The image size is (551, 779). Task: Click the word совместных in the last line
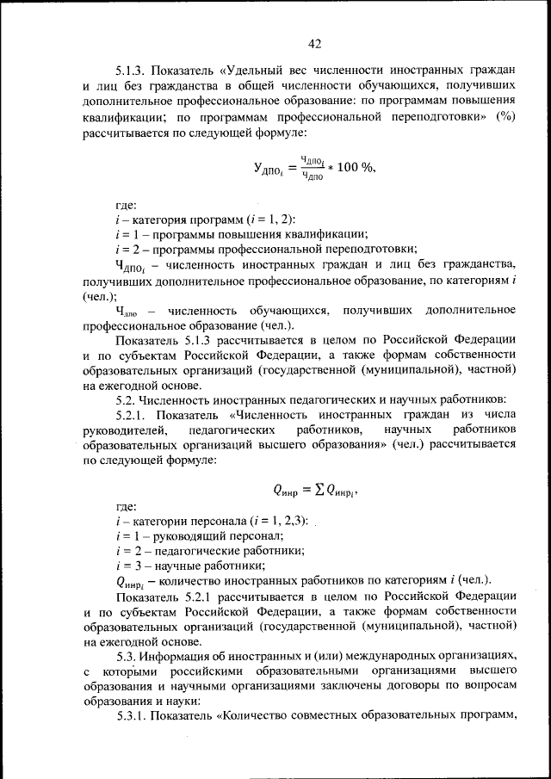[x=341, y=715]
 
